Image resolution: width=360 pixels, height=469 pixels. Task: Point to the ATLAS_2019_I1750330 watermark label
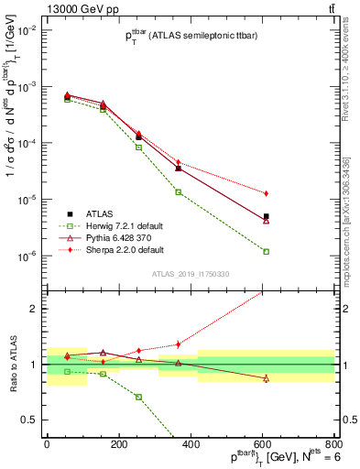click(x=189, y=274)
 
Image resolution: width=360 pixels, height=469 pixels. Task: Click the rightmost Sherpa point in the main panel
click(x=266, y=193)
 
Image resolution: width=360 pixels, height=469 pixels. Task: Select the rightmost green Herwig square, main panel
click(x=266, y=251)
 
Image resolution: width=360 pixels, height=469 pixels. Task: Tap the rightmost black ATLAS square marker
click(x=266, y=216)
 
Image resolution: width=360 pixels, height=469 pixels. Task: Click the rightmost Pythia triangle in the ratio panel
click(x=266, y=378)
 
